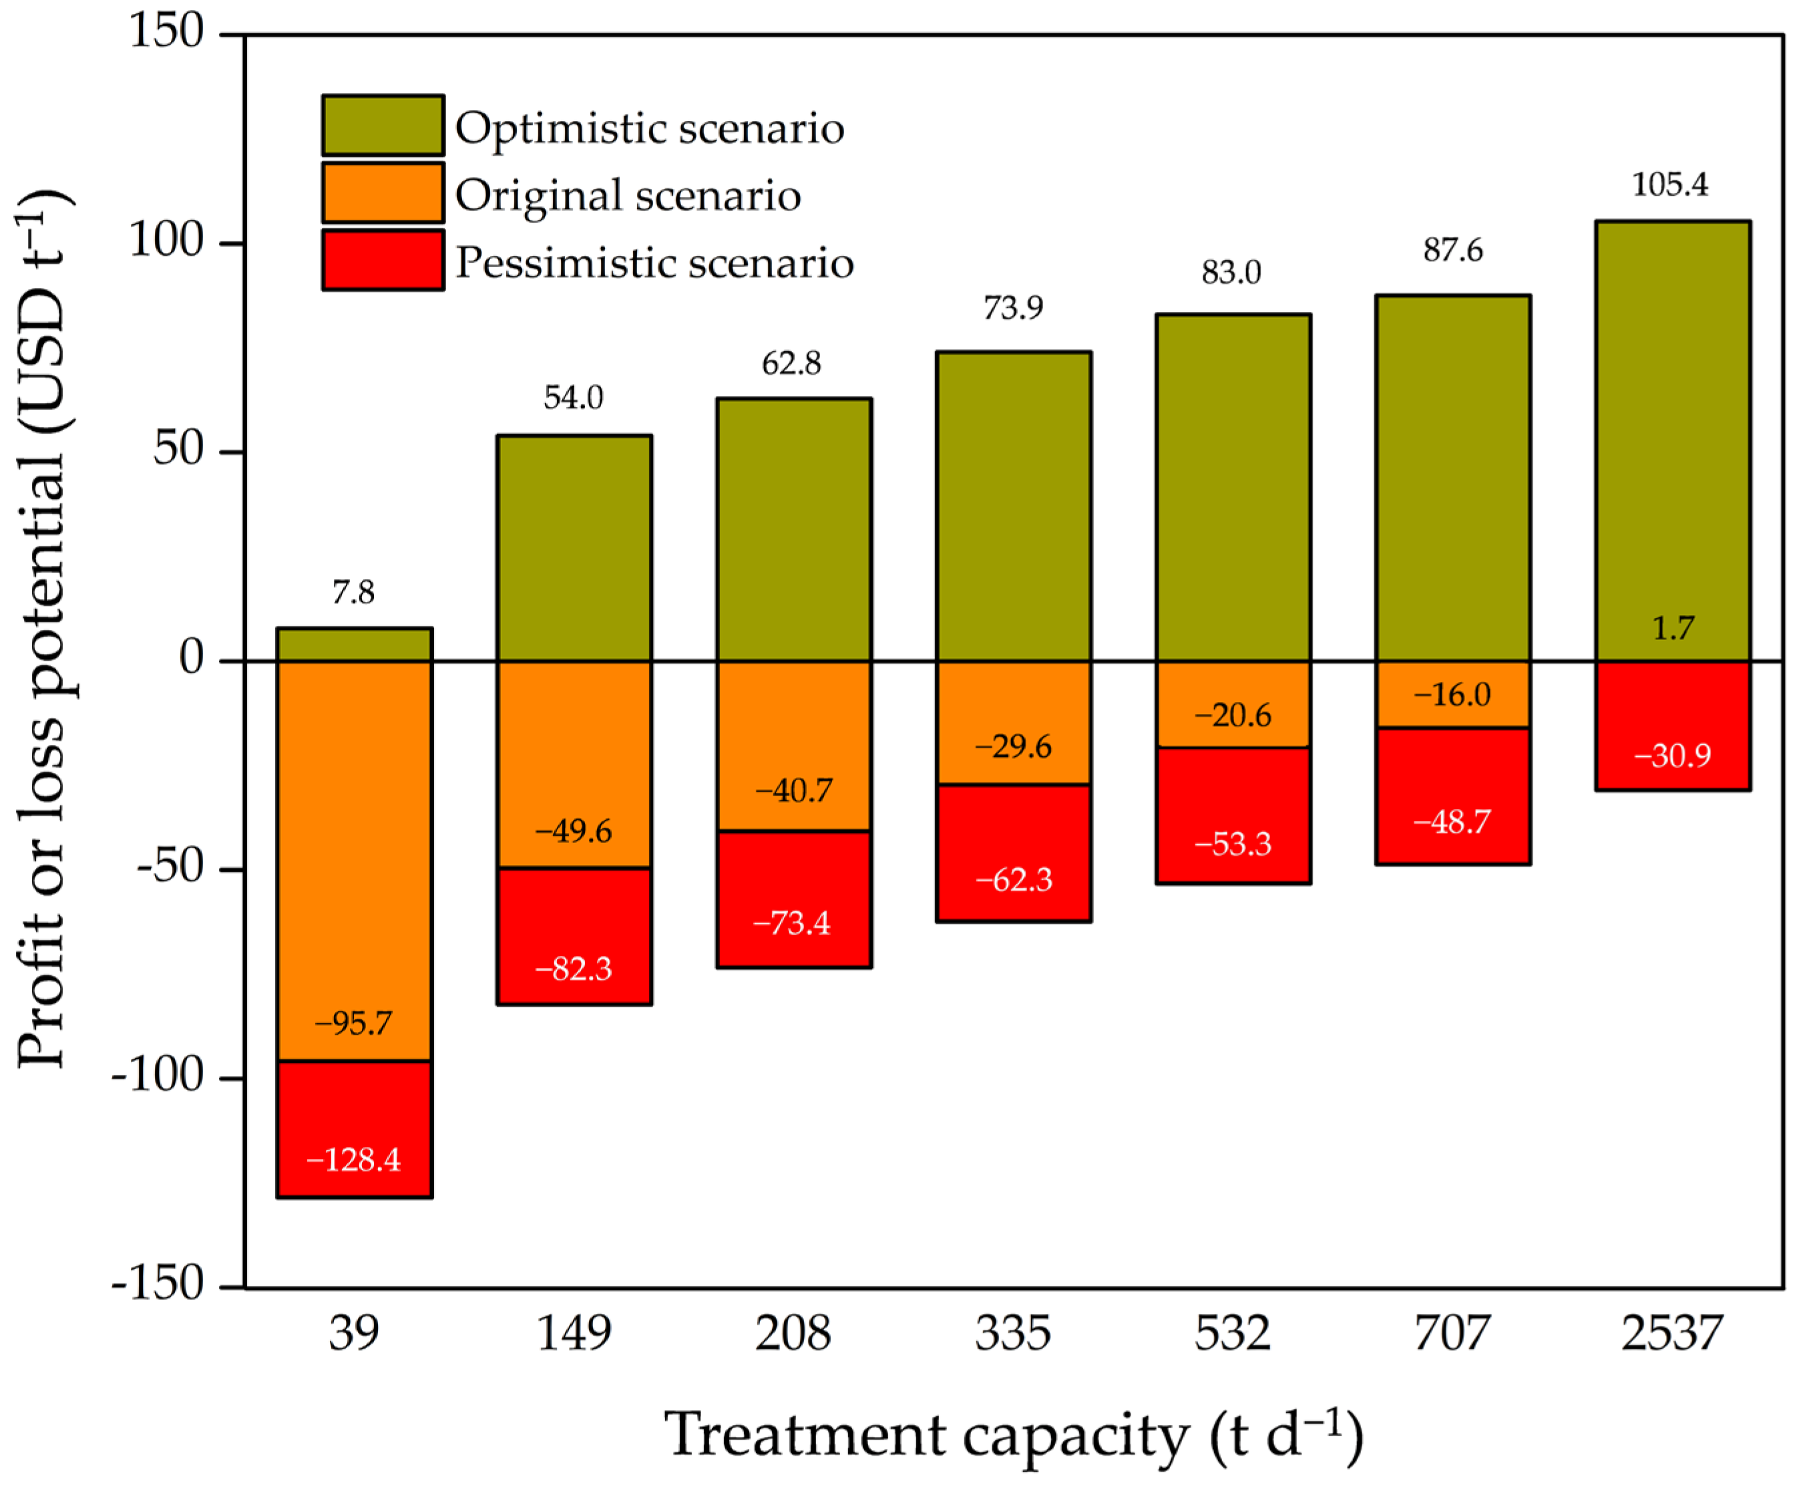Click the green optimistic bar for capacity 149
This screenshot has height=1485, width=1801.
[574, 548]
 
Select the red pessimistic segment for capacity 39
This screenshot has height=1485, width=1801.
[354, 1128]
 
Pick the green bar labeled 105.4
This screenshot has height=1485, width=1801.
[1672, 428]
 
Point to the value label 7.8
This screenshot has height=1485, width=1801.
[353, 592]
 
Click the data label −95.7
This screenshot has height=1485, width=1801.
[353, 1023]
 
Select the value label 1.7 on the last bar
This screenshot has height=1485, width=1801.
[1672, 629]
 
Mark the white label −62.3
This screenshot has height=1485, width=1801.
[1014, 879]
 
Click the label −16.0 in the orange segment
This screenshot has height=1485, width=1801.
[1452, 694]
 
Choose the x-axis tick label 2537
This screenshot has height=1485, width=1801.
[1672, 1333]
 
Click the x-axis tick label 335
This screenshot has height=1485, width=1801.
[1014, 1333]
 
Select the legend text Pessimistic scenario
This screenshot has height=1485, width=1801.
[654, 262]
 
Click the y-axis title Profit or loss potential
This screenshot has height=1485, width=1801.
[43, 629]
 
